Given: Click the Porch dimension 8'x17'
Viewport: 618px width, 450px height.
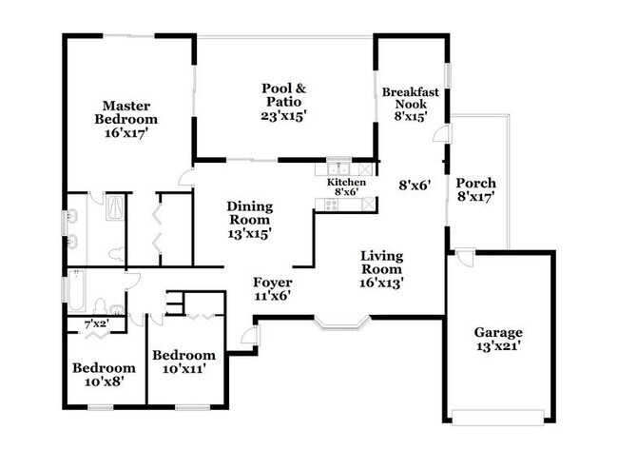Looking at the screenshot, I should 475,198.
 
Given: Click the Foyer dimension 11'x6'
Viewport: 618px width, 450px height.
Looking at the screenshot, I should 272,296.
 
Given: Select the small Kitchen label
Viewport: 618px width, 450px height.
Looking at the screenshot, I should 346,181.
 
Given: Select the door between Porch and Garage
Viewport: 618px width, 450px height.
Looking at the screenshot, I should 462,257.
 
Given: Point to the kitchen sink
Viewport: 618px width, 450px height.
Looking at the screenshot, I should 338,168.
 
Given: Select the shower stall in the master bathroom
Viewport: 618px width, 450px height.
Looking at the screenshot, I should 113,209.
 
